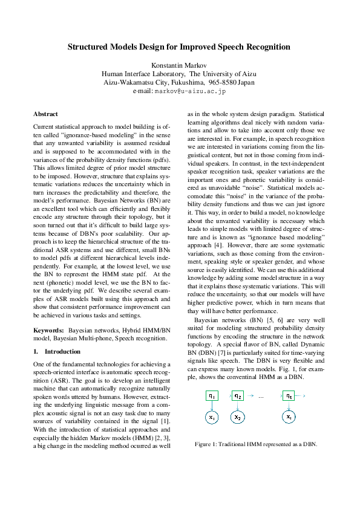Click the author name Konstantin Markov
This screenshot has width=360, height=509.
click(178, 64)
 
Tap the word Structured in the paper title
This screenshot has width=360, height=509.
click(88, 47)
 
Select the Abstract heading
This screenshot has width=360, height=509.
click(45, 114)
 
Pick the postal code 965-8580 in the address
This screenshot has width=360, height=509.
click(223, 82)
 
